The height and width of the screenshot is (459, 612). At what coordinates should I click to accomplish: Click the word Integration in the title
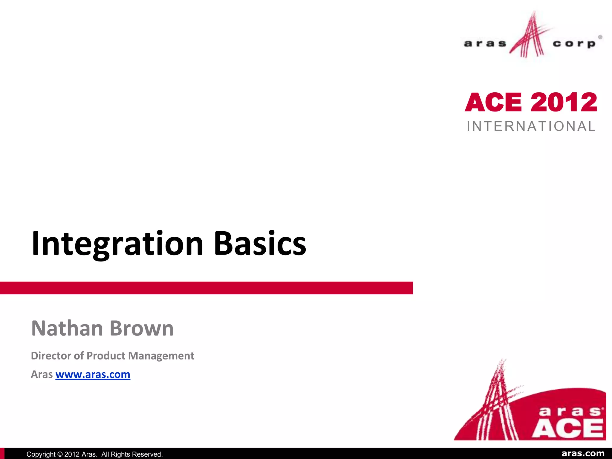click(117, 244)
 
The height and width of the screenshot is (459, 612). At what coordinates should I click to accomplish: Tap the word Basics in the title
click(260, 244)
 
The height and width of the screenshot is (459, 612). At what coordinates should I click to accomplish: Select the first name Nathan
click(67, 328)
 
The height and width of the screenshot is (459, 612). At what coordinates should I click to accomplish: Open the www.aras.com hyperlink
click(93, 374)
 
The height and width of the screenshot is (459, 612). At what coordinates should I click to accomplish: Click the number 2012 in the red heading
click(564, 102)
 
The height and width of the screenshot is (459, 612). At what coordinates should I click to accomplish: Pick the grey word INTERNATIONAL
click(531, 126)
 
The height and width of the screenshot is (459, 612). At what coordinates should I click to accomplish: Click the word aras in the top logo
click(485, 44)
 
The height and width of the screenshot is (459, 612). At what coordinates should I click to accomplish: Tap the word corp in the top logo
click(574, 44)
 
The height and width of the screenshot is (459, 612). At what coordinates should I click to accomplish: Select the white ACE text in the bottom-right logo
click(567, 428)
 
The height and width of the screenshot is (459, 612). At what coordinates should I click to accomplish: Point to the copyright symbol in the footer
click(60, 454)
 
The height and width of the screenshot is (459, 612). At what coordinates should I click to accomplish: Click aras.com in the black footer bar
click(583, 454)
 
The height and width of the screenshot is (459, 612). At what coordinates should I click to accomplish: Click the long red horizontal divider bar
click(206, 288)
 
